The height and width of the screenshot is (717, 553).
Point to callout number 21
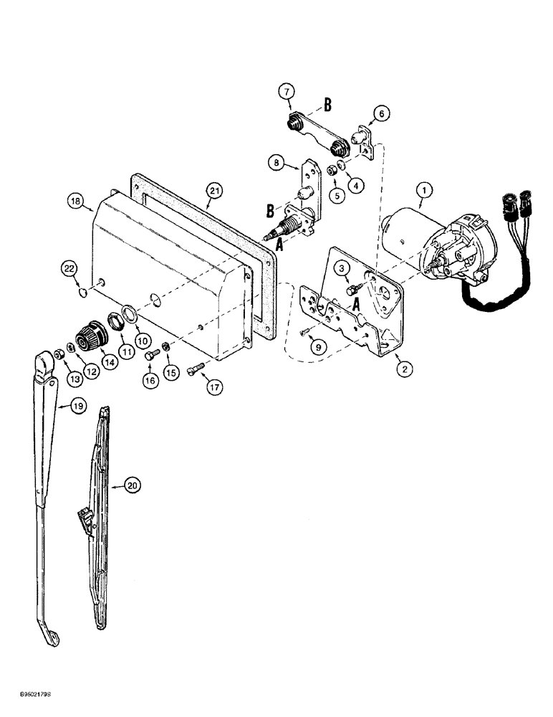pyautogui.click(x=214, y=190)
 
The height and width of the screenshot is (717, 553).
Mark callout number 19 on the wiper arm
pyautogui.click(x=77, y=407)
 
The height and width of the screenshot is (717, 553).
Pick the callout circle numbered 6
pyautogui.click(x=380, y=113)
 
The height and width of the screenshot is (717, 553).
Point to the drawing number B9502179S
pyautogui.click(x=29, y=694)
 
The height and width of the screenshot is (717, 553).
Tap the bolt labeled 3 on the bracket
pyautogui.click(x=352, y=290)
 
